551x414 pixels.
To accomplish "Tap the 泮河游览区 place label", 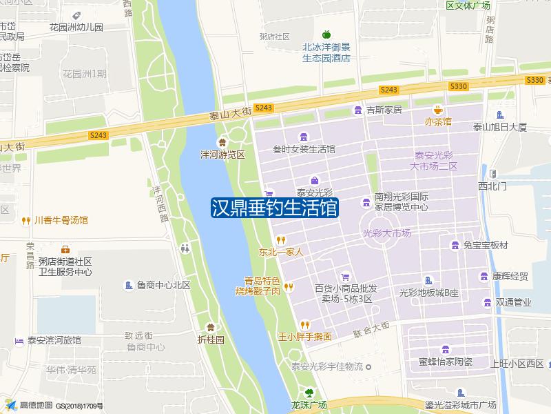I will click(x=222, y=155).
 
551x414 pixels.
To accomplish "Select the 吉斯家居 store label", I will click(x=384, y=110).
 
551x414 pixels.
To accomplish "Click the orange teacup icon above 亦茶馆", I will click(x=437, y=110).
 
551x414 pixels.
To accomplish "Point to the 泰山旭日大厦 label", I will click(x=499, y=127).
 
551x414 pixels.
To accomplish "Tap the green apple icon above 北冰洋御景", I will click(x=326, y=34).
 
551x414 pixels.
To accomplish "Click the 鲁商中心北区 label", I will click(x=163, y=285).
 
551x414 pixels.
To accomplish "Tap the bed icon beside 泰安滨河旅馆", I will click(x=19, y=340).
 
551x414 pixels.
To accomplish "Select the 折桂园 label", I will click(x=211, y=339).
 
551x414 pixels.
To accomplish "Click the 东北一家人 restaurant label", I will click(x=281, y=252).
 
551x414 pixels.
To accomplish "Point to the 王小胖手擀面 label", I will click(x=304, y=337).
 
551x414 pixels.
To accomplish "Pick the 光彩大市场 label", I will click(x=386, y=233).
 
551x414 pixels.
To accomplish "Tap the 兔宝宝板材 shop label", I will click(x=485, y=245).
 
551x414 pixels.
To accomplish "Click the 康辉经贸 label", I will click(x=510, y=277).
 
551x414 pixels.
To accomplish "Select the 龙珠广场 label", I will click(x=308, y=405).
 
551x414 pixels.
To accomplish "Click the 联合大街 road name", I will click(x=371, y=329).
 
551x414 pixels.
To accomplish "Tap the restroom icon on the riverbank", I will click(x=185, y=248).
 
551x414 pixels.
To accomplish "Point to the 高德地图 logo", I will click(x=31, y=405).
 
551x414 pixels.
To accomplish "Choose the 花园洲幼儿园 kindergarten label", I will click(x=76, y=28).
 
